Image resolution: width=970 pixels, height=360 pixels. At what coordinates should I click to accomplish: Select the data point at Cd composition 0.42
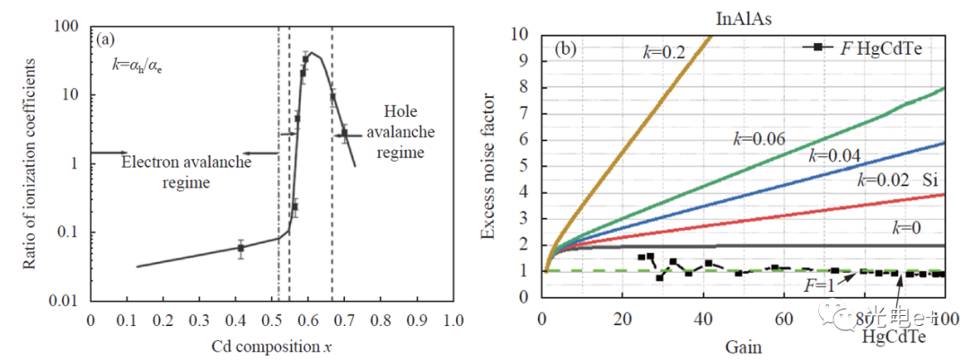241,248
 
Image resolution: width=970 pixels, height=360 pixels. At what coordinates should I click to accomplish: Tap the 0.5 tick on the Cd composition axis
271,320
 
